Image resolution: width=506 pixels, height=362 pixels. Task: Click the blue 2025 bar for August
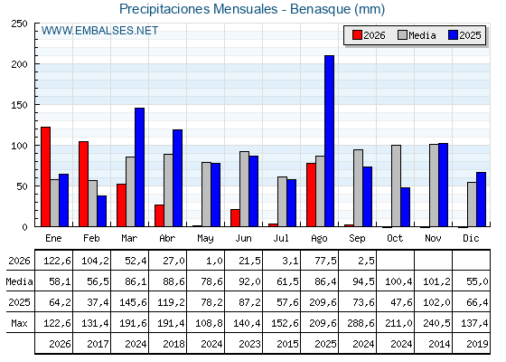(x=329, y=141)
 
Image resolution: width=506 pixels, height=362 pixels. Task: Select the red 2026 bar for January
(x=45, y=176)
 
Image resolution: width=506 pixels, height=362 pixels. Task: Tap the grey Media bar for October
(x=396, y=186)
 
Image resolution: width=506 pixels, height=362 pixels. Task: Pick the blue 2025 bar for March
(x=139, y=167)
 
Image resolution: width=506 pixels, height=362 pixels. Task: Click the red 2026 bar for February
(x=83, y=184)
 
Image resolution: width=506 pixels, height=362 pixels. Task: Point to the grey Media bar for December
(x=472, y=205)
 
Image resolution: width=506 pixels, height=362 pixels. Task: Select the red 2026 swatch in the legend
(x=357, y=35)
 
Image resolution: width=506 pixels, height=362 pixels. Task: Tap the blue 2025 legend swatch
(x=453, y=35)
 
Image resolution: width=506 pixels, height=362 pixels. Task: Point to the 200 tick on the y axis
(x=20, y=64)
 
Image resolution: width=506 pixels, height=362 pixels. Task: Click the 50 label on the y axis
(x=23, y=186)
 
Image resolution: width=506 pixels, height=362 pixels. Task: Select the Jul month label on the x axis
(x=281, y=238)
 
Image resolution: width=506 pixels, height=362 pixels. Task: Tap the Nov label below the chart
(x=433, y=238)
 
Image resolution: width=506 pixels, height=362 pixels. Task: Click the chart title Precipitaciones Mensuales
(x=199, y=9)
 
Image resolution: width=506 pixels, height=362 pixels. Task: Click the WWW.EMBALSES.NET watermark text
(x=99, y=31)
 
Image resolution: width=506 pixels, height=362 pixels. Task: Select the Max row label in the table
(x=19, y=323)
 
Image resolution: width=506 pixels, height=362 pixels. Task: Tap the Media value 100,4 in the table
(x=398, y=281)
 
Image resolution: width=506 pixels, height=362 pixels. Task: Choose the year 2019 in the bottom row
(x=477, y=344)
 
